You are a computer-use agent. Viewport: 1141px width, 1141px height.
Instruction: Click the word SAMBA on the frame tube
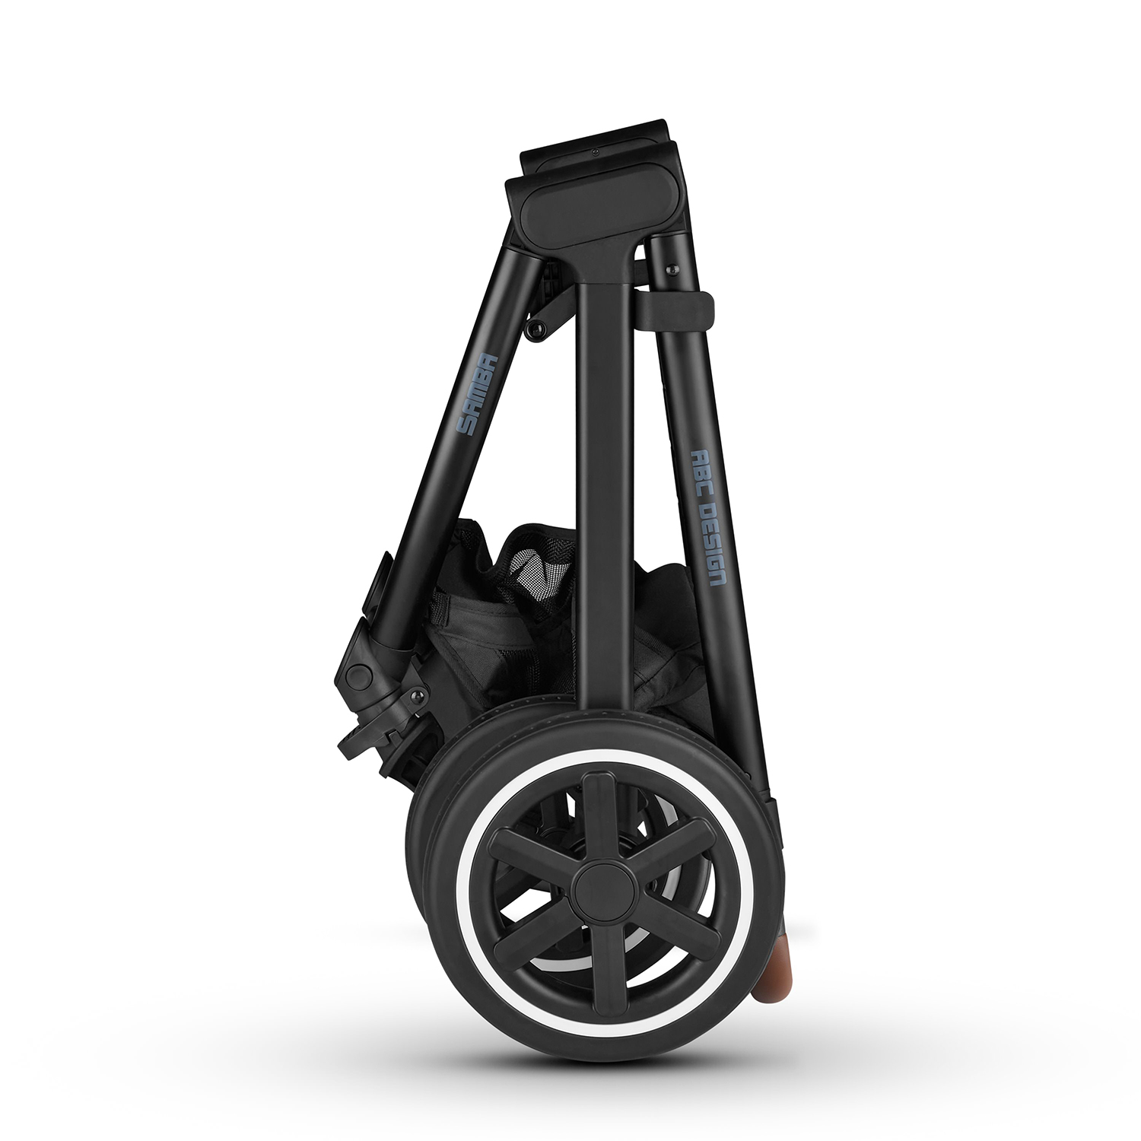(x=475, y=395)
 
